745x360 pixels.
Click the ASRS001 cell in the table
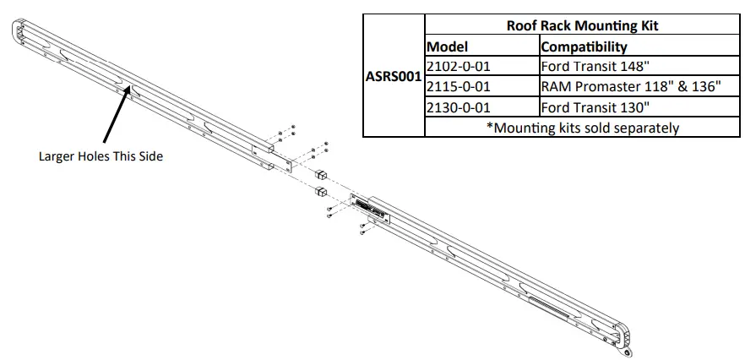tap(393, 75)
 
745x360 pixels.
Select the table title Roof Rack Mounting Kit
tap(582, 25)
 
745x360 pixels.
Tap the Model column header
tap(448, 46)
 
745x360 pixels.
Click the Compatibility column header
tap(584, 46)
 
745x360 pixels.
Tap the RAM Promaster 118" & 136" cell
tap(631, 87)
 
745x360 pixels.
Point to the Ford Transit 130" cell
tap(596, 107)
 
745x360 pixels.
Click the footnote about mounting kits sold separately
tap(583, 128)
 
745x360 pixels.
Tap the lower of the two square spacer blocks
tap(321, 193)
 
